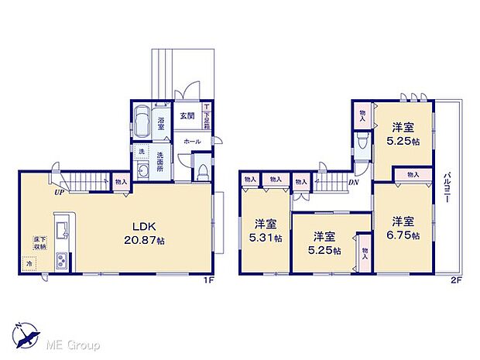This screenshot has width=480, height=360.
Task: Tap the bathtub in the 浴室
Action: [x=142, y=122]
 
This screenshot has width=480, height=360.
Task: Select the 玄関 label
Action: [x=187, y=117]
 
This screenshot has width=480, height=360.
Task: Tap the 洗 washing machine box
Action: [x=142, y=150]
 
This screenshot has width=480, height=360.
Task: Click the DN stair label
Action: [x=352, y=183]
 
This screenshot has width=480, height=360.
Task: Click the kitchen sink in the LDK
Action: [x=63, y=229]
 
